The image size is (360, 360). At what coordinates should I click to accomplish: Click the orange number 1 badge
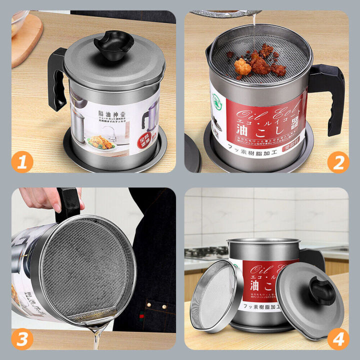coord(22,162)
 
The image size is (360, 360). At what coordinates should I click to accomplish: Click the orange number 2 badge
coord(338,162)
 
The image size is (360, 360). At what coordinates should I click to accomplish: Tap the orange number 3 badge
coord(22,338)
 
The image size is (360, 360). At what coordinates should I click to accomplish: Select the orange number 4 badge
coord(338,338)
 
